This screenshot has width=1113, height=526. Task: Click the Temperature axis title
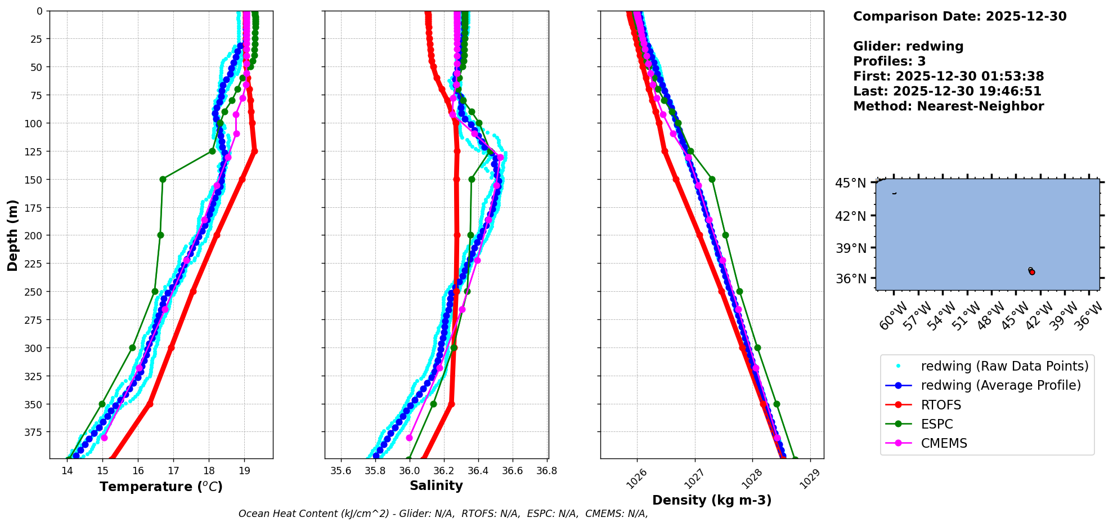[161, 487]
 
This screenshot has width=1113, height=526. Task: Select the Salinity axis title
[436, 486]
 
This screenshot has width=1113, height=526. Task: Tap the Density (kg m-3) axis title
[712, 500]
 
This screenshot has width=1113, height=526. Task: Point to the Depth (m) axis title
[12, 235]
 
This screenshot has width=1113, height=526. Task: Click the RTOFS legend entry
[941, 405]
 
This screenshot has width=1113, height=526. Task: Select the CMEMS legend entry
[944, 443]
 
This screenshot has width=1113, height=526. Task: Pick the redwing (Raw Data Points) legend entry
[1004, 366]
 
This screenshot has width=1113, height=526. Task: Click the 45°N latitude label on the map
[850, 183]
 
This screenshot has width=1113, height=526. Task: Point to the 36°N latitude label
[850, 279]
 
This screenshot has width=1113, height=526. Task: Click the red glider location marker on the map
[1032, 272]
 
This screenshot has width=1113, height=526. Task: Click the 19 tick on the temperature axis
[244, 471]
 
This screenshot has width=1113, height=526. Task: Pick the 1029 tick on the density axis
[813, 479]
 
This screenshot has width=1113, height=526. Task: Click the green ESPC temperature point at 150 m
[163, 179]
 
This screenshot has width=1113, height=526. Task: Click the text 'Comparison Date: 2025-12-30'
[959, 16]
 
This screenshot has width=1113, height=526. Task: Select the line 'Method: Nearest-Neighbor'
[948, 106]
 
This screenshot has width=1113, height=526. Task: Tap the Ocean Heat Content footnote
[443, 514]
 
